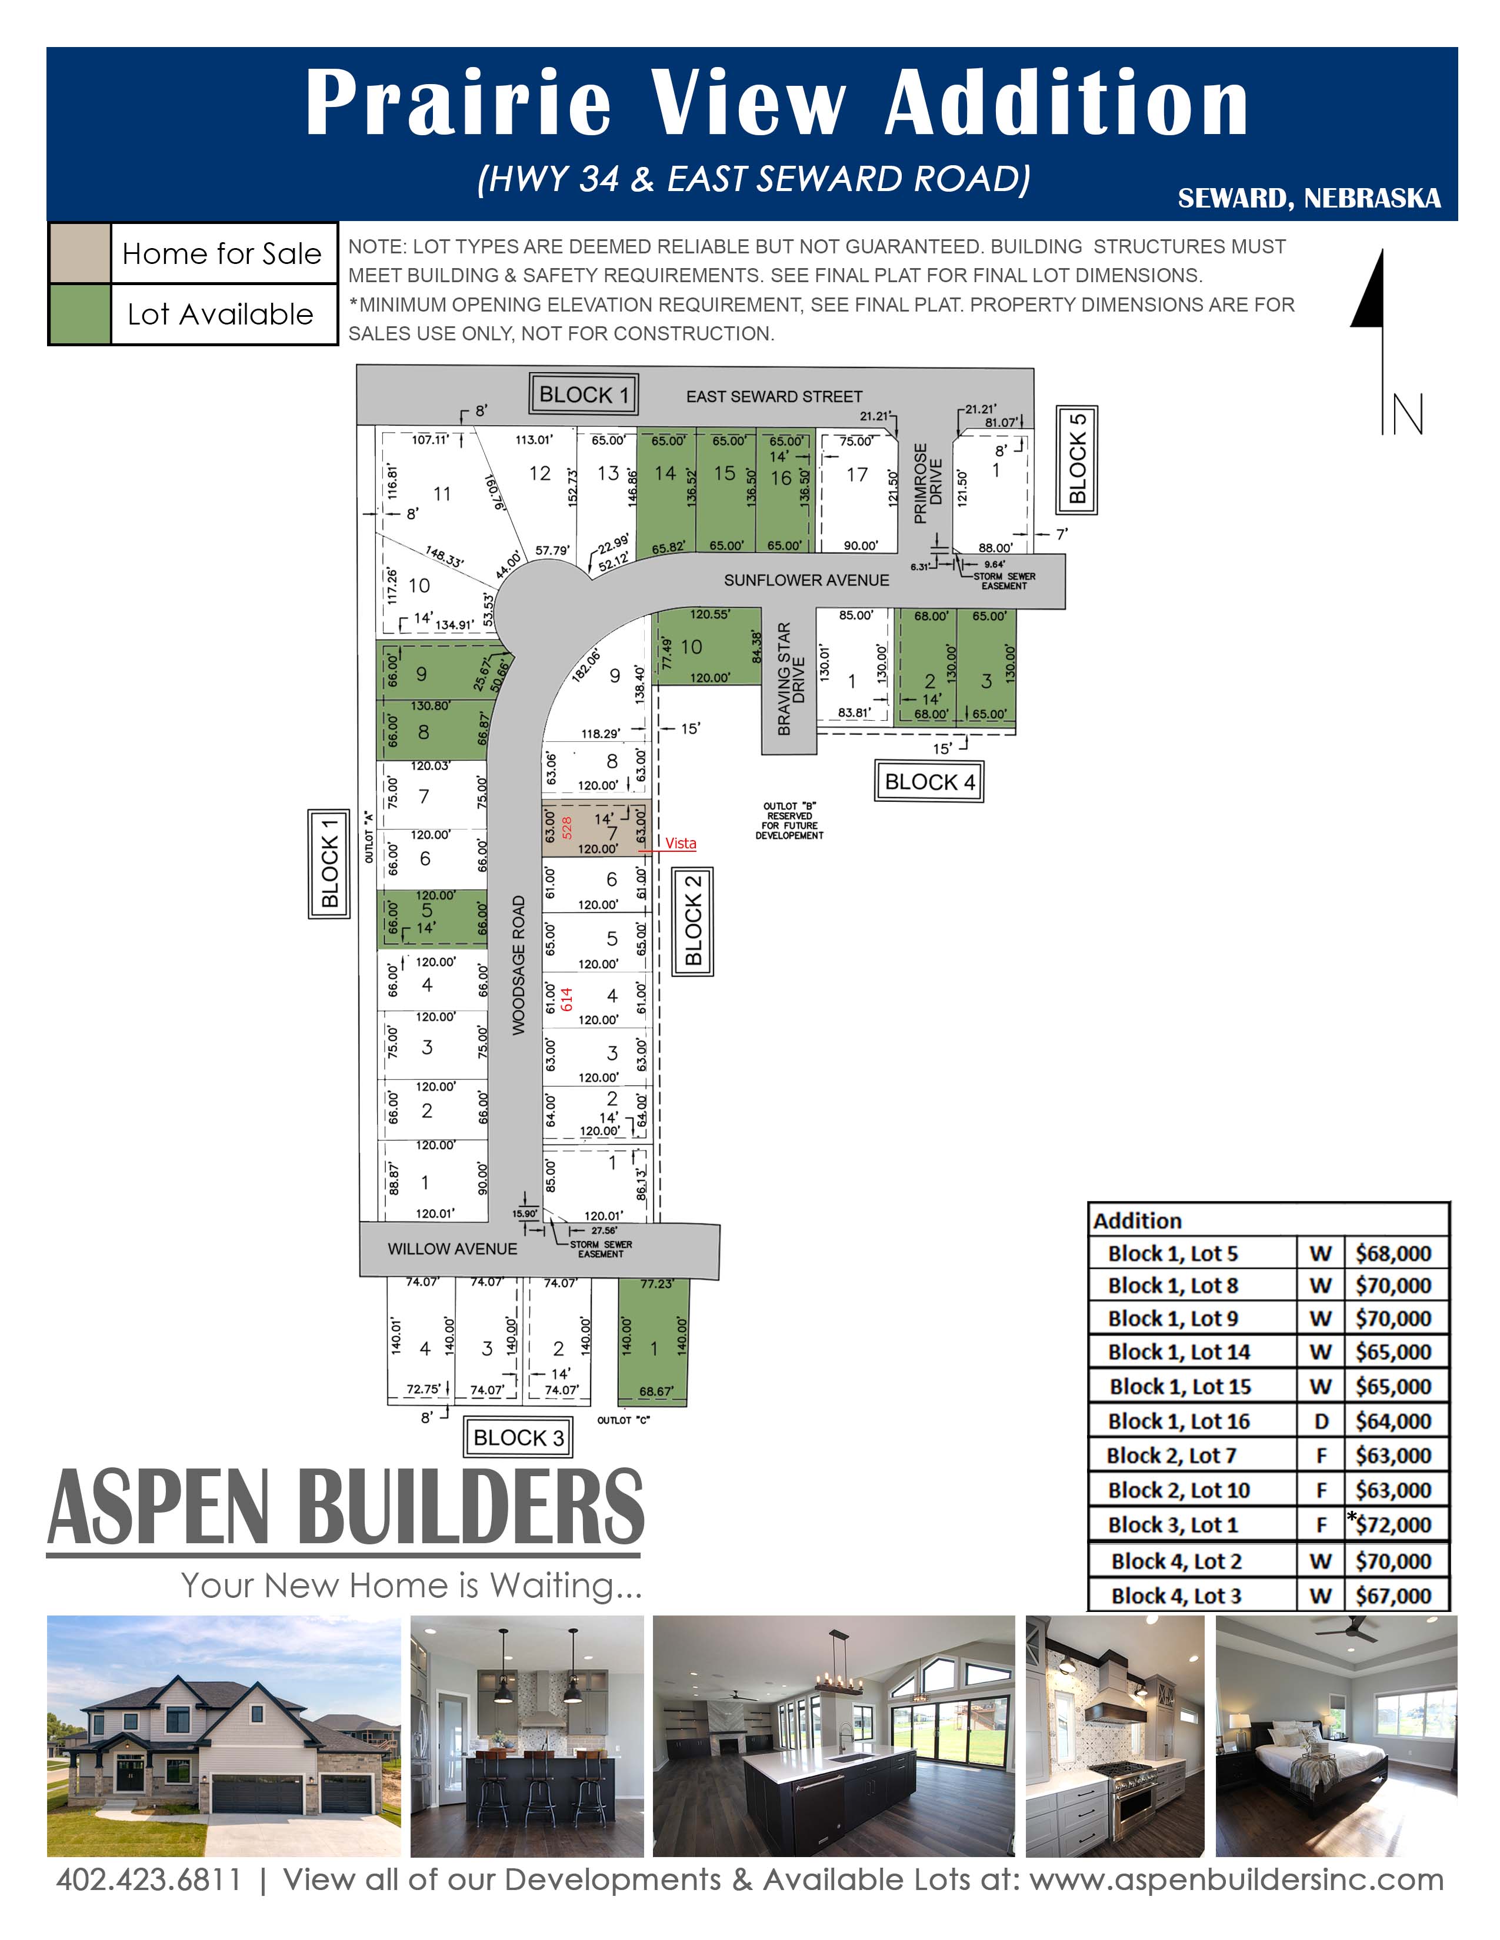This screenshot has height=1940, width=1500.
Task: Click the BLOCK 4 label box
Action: pos(929,782)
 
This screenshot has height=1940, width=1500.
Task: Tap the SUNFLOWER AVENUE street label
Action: pos(806,580)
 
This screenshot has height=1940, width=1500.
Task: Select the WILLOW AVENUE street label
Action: pos(452,1249)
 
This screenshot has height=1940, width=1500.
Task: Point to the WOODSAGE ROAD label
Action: pos(519,965)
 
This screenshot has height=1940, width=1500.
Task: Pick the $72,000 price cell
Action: pos(1394,1524)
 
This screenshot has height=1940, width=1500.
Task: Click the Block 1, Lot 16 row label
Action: pos(1178,1421)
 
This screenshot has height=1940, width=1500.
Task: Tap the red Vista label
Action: pos(681,843)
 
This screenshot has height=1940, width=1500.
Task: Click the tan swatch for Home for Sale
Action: pos(79,253)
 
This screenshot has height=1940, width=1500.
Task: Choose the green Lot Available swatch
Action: pos(79,313)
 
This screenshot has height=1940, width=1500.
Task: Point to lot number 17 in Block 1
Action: pos(856,474)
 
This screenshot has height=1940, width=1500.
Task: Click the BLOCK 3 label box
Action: pos(518,1437)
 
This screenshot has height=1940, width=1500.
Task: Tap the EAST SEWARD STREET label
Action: pos(774,396)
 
